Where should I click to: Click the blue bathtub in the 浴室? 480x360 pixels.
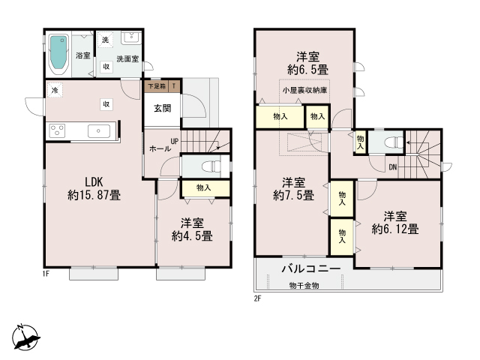click(58, 52)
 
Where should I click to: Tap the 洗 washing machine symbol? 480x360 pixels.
click(105, 40)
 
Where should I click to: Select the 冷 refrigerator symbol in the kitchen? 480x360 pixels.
click(55, 90)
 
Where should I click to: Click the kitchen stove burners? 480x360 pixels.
click(57, 130)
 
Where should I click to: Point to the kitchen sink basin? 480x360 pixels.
click(98, 131)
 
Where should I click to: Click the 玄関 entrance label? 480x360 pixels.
click(162, 108)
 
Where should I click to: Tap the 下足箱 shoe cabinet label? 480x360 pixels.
click(157, 86)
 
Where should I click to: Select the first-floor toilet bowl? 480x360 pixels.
click(211, 166)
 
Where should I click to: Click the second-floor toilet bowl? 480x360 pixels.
click(394, 142)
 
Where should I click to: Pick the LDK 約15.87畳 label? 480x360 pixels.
click(94, 188)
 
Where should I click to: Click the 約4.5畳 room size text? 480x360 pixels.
click(192, 236)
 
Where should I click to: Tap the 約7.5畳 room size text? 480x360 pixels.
click(293, 195)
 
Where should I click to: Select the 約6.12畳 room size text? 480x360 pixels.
click(395, 229)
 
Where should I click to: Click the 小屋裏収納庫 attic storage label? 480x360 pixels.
click(304, 90)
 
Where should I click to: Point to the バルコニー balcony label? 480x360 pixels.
click(311, 268)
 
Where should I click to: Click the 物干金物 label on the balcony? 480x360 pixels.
click(304, 286)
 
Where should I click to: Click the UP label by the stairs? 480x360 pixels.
click(175, 141)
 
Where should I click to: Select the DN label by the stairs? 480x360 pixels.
click(393, 167)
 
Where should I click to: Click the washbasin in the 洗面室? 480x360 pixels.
click(131, 37)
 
